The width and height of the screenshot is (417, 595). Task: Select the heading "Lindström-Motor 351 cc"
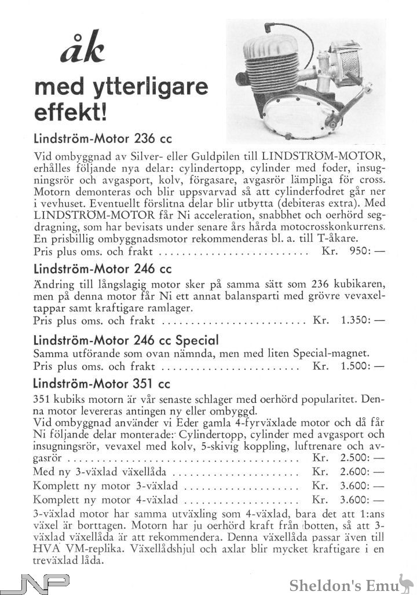(x=102, y=383)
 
